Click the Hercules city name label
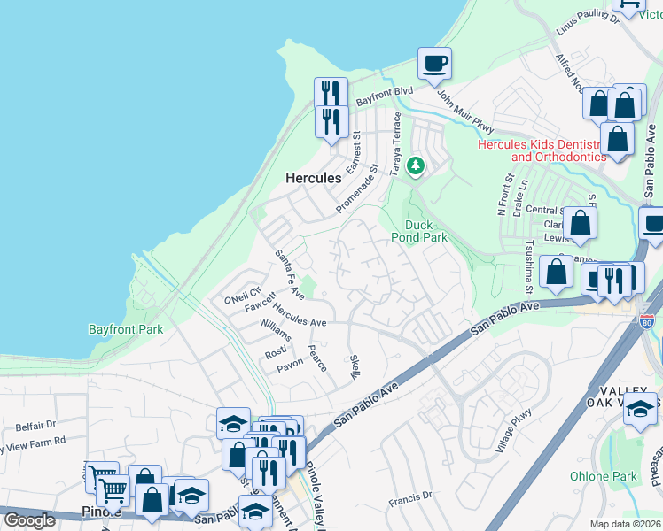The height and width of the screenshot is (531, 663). tap(313, 178)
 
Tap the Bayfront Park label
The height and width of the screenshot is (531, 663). tap(125, 329)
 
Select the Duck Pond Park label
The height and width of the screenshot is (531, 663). tap(419, 231)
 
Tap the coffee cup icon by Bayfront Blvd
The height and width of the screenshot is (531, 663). tap(434, 64)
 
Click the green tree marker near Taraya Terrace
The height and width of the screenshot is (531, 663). tap(416, 165)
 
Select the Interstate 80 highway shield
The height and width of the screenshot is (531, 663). tap(648, 319)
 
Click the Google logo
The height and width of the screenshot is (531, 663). tap(28, 520)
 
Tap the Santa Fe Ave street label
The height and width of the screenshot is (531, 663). tap(287, 272)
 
